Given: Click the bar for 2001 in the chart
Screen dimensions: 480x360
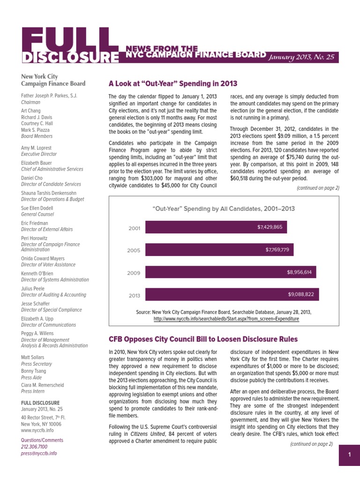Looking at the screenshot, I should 216,227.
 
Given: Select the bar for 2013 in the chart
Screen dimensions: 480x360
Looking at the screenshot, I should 232,294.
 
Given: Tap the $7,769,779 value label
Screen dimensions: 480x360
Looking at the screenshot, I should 277,250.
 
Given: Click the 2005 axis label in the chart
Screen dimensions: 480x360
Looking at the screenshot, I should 134,250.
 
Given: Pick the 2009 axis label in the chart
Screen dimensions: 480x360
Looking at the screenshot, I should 134,273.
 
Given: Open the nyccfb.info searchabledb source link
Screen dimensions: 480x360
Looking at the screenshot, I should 226,319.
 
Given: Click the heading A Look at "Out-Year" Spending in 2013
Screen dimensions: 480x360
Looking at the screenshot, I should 172,84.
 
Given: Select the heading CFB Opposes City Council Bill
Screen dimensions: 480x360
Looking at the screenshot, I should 202,339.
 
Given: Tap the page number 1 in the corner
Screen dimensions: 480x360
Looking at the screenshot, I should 349,455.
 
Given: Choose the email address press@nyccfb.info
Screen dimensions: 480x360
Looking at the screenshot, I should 39,454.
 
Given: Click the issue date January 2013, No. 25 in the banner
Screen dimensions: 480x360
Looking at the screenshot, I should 301,57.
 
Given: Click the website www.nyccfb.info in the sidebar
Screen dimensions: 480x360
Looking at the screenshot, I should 37,430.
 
